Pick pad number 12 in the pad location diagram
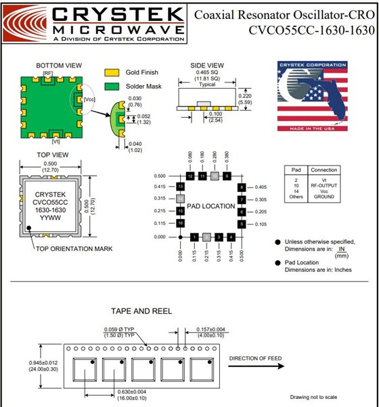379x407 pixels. click(191, 176)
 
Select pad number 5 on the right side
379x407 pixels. click(242, 224)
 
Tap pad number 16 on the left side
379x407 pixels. click(181, 224)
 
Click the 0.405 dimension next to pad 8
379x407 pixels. click(262, 187)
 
